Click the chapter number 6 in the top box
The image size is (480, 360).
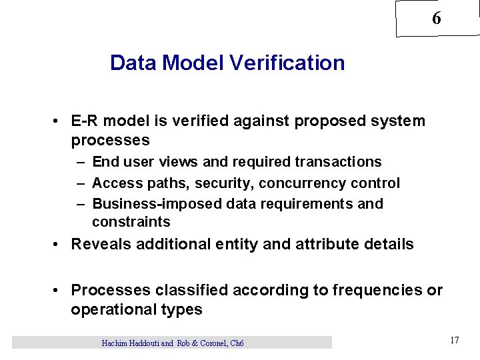pyautogui.click(x=436, y=19)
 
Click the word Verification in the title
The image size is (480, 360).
pyautogui.click(x=287, y=63)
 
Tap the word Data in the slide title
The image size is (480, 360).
pyautogui.click(x=134, y=63)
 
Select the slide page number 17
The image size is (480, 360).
pyautogui.click(x=454, y=341)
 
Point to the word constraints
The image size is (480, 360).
pyautogui.click(x=131, y=222)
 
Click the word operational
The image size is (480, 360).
pyautogui.click(x=113, y=309)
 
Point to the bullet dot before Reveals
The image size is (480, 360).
pyautogui.click(x=59, y=244)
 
